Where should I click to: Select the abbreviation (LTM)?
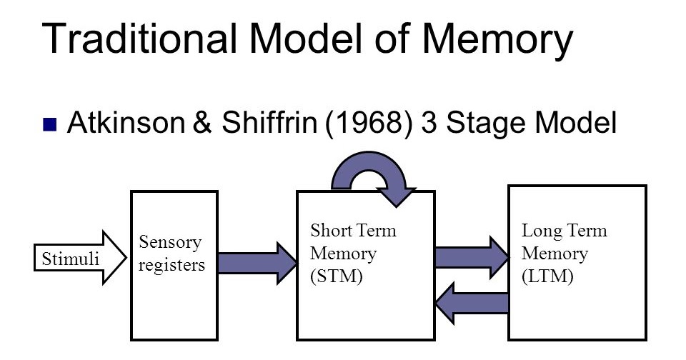548,276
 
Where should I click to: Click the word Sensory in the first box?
171,241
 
